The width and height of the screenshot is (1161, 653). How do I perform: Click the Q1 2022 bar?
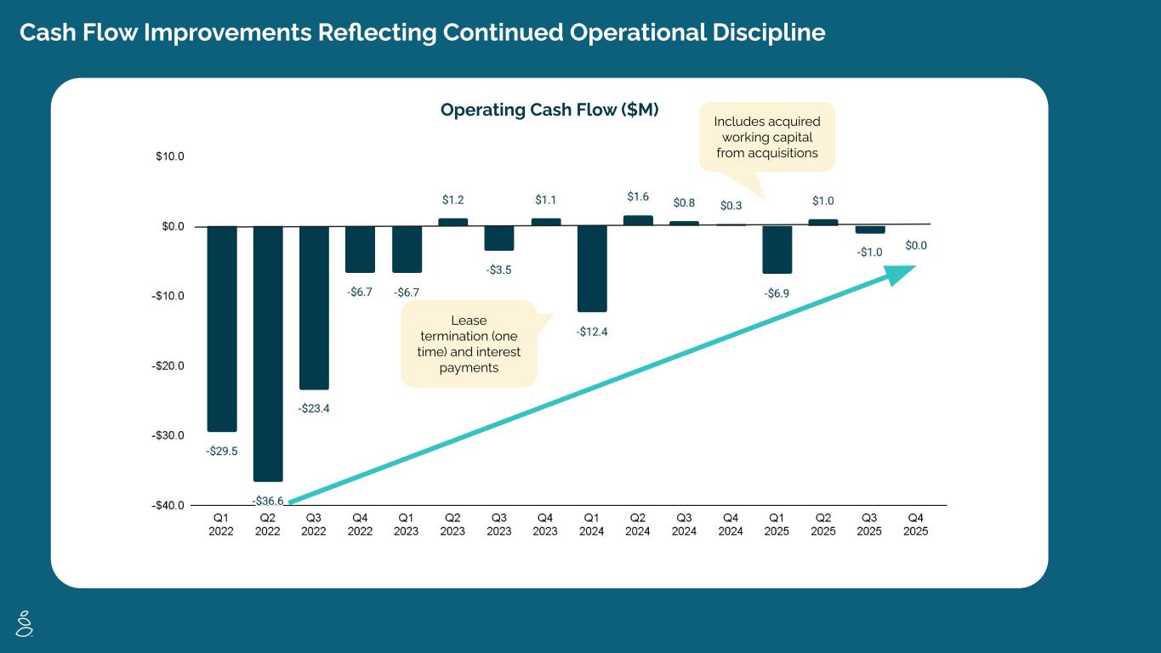[222, 328]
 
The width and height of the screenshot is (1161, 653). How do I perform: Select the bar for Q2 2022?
[268, 353]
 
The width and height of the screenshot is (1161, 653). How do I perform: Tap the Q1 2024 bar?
[592, 269]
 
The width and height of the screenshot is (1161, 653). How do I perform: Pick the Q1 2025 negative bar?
[777, 249]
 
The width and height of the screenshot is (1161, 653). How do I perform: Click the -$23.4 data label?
[314, 408]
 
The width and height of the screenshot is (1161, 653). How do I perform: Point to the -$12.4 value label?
[592, 332]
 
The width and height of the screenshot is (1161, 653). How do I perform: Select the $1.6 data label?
[638, 196]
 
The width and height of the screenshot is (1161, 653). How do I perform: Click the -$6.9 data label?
[777, 293]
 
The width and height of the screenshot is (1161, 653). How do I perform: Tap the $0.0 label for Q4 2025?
[916, 246]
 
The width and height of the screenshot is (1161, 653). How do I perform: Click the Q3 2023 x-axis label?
[499, 524]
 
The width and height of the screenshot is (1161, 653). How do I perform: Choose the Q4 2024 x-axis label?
[731, 524]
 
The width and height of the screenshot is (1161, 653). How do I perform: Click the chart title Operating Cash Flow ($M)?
[549, 110]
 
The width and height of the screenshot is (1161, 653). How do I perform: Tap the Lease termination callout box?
[469, 344]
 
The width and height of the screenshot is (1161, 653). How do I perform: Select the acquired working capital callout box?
[766, 137]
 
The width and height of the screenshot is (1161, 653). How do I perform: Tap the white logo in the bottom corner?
[26, 622]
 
